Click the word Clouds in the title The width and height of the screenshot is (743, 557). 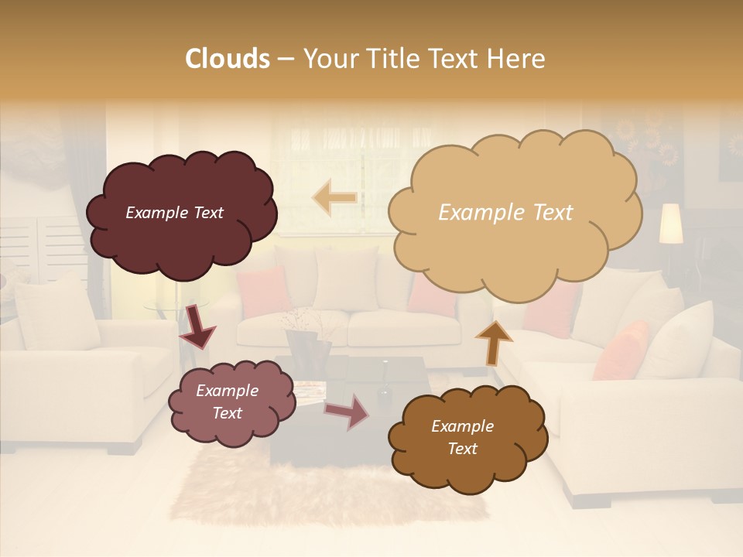(x=228, y=59)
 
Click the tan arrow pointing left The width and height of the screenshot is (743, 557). (x=334, y=197)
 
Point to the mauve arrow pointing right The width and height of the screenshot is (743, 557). (x=348, y=412)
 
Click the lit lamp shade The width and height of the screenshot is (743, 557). (x=670, y=224)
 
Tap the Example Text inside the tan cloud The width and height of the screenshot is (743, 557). (x=505, y=213)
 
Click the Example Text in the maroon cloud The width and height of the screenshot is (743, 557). (x=174, y=213)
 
